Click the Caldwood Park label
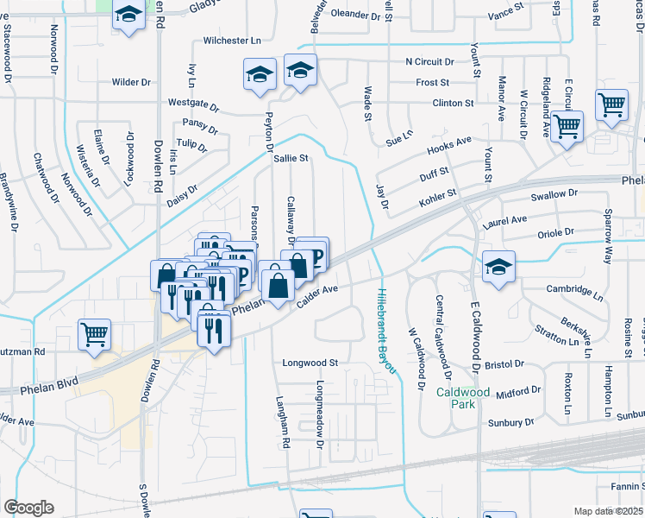click(463, 398)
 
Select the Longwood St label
click(310, 363)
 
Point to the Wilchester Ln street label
click(232, 41)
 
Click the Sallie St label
click(291, 159)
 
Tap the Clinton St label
click(453, 103)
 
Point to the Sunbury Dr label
click(510, 423)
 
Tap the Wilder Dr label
click(131, 82)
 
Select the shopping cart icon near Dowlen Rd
click(94, 335)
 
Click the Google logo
click(28, 508)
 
